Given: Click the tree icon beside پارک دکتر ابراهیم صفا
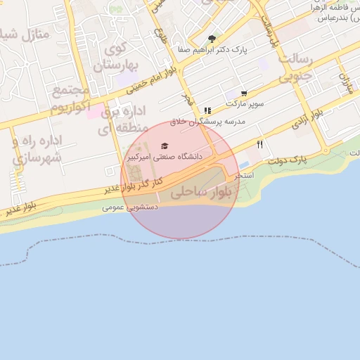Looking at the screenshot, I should tap(212, 39).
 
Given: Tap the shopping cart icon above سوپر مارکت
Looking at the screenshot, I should tap(243, 94).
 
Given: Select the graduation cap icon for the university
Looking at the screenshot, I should tap(164, 146).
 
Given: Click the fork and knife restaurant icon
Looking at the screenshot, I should tap(260, 144).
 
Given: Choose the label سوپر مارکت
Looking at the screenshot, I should tap(245, 103).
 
